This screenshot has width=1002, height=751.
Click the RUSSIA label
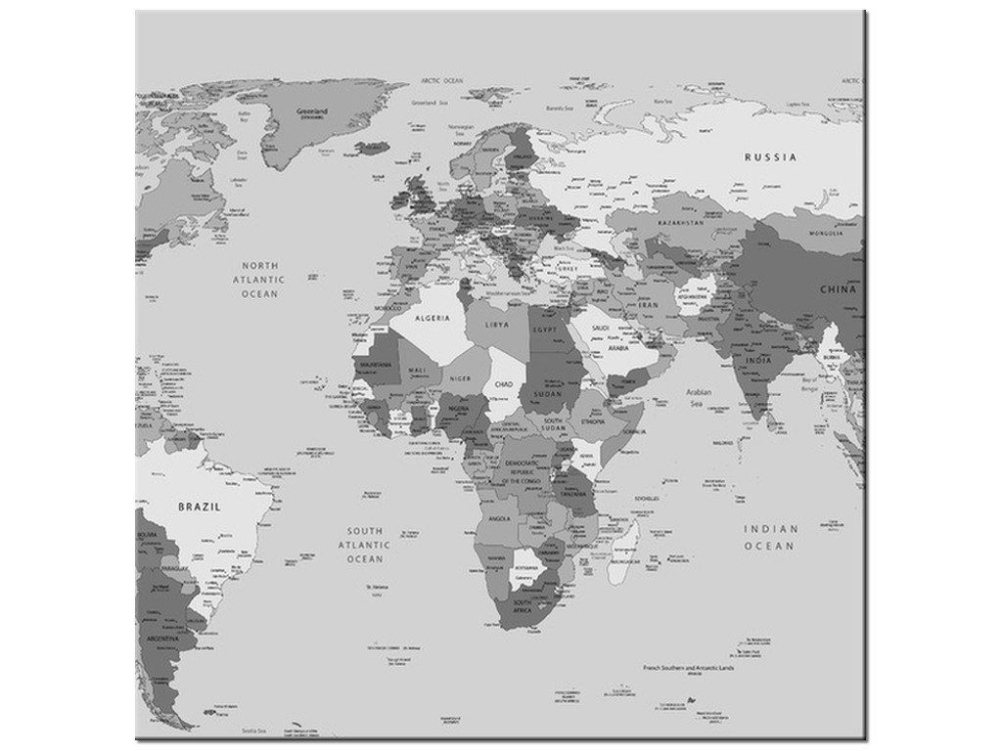point(770,156)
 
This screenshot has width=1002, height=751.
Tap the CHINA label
point(838,289)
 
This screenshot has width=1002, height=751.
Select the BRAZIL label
point(199,507)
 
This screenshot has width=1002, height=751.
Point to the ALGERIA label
point(433,319)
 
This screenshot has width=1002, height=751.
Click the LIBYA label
point(497,325)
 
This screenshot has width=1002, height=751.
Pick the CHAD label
point(504,384)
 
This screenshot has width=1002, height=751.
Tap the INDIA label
point(758,360)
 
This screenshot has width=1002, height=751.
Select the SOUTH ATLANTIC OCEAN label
point(364,545)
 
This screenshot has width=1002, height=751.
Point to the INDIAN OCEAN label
point(770,537)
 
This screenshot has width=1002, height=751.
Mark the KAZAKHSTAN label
point(681,223)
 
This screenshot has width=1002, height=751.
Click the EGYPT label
point(544,331)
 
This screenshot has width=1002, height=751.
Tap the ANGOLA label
point(498,518)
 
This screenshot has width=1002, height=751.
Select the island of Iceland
point(372,149)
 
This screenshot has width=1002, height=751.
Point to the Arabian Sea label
point(699,397)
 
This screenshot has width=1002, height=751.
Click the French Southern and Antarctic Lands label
point(688,667)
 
